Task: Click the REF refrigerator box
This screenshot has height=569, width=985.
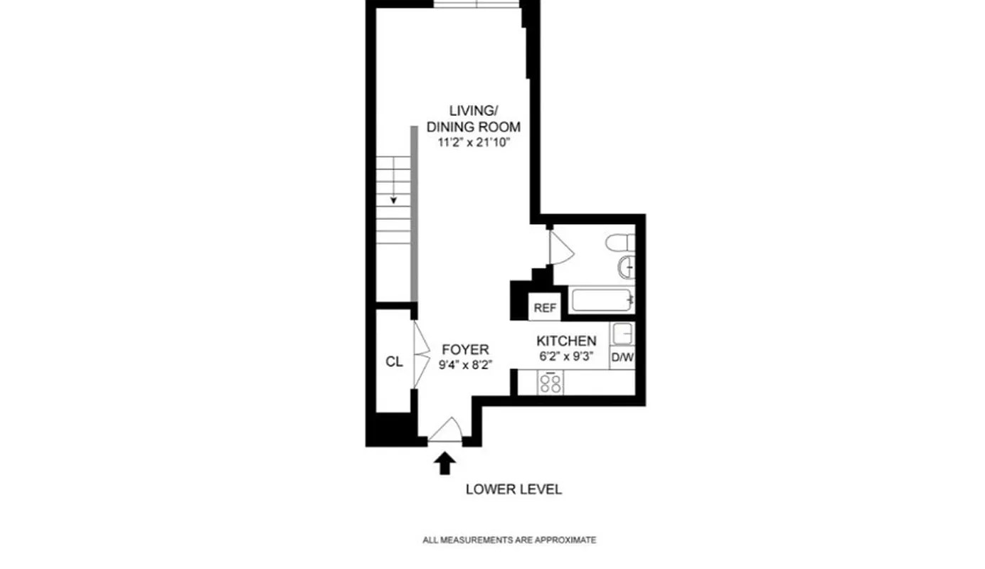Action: pyautogui.click(x=545, y=308)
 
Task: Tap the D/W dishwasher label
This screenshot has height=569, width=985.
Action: pyautogui.click(x=622, y=358)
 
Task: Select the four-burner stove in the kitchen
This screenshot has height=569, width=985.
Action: pyautogui.click(x=550, y=383)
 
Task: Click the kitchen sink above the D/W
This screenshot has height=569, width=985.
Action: pyautogui.click(x=623, y=334)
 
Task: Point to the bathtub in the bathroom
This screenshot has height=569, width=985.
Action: pyautogui.click(x=602, y=300)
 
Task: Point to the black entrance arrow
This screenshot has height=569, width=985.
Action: pyautogui.click(x=445, y=464)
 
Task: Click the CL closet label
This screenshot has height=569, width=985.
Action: pyautogui.click(x=394, y=361)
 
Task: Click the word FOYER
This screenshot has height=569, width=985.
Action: pyautogui.click(x=465, y=349)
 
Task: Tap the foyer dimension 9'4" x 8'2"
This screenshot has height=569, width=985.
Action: pyautogui.click(x=465, y=363)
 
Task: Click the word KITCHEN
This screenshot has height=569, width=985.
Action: pyautogui.click(x=566, y=341)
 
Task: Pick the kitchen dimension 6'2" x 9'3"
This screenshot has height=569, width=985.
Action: pyautogui.click(x=566, y=356)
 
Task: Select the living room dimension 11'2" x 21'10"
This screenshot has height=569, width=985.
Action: pyautogui.click(x=473, y=142)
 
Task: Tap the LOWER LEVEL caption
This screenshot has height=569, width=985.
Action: pyautogui.click(x=513, y=489)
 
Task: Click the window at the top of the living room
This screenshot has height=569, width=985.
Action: pyautogui.click(x=476, y=4)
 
